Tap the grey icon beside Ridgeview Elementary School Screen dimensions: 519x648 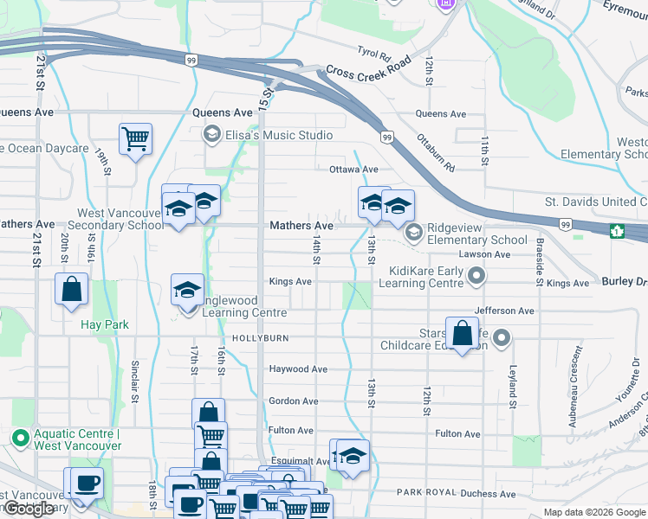pos(414,231)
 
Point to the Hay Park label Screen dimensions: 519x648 pos(105,324)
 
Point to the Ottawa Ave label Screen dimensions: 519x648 pos(353,170)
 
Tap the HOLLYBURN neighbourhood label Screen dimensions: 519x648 pos(259,337)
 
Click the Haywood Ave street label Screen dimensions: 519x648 pos(298,369)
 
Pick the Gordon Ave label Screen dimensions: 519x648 pos(294,401)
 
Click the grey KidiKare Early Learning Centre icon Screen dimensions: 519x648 pos(476,277)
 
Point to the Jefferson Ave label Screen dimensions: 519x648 pos(504,311)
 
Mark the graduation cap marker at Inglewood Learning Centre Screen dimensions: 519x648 pos(187,291)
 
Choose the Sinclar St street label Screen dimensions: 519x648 pos(135,381)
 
